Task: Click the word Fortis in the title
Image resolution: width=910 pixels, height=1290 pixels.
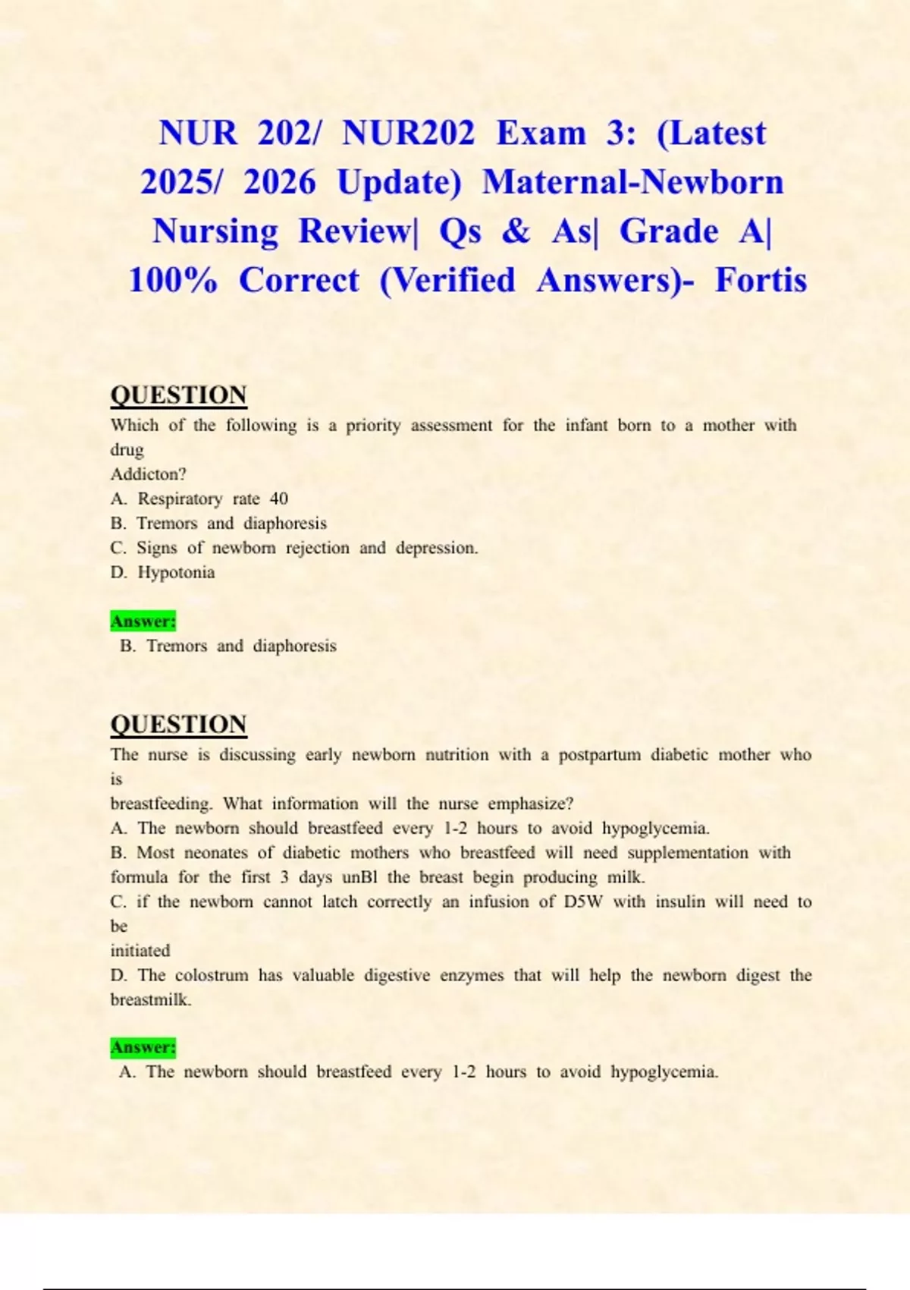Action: tap(761, 280)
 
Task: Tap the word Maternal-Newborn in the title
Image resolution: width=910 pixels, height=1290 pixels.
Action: tap(632, 182)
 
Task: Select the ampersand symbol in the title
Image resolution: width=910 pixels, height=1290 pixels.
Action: tap(516, 231)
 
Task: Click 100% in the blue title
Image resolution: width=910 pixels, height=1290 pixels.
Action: tap(173, 280)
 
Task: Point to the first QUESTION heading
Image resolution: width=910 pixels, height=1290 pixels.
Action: tap(178, 395)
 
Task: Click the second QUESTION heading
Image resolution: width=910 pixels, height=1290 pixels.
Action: tap(178, 725)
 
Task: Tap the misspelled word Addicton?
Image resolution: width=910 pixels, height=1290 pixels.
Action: tap(148, 474)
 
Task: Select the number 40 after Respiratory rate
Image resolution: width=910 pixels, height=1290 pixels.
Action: tap(279, 499)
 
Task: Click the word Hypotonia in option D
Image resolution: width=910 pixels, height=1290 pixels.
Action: tap(176, 572)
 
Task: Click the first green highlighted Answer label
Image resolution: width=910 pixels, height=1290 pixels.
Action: tap(143, 621)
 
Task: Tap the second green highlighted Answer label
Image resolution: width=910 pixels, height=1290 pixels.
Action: tap(143, 1048)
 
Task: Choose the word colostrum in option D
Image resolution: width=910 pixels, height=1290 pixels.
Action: tap(212, 975)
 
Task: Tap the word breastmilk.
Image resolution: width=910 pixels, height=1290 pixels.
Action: tap(150, 1000)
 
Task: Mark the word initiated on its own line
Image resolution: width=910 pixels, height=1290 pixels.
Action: tap(140, 951)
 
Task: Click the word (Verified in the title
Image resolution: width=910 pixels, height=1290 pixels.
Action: tap(447, 280)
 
